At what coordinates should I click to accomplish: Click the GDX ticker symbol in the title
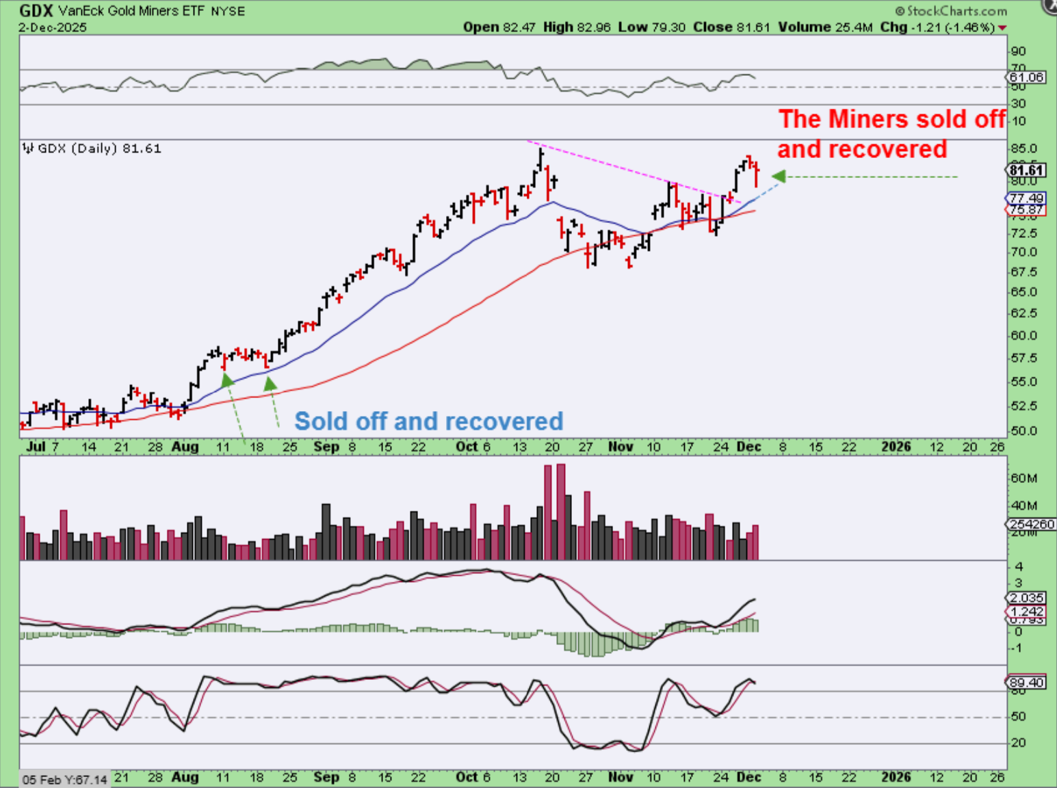pos(36,10)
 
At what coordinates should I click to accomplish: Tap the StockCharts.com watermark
pos(952,11)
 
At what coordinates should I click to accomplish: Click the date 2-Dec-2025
pos(53,27)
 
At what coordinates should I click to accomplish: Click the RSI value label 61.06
pos(1027,77)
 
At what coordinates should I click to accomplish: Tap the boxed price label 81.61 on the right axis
pos(1026,170)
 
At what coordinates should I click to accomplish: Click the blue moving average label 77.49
pos(1027,198)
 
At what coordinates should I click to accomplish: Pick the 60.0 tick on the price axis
pos(1023,336)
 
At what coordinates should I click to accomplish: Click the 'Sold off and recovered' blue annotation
pos(428,421)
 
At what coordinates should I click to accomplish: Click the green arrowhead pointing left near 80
pos(779,176)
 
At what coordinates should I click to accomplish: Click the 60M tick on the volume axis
pos(1023,478)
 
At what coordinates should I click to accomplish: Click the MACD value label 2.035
pos(1027,598)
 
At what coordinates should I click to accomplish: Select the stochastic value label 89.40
pos(1027,683)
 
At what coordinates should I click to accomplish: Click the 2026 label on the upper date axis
pos(896,447)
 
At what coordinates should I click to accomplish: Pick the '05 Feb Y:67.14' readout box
pos(65,780)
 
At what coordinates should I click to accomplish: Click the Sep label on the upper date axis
pos(326,447)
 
